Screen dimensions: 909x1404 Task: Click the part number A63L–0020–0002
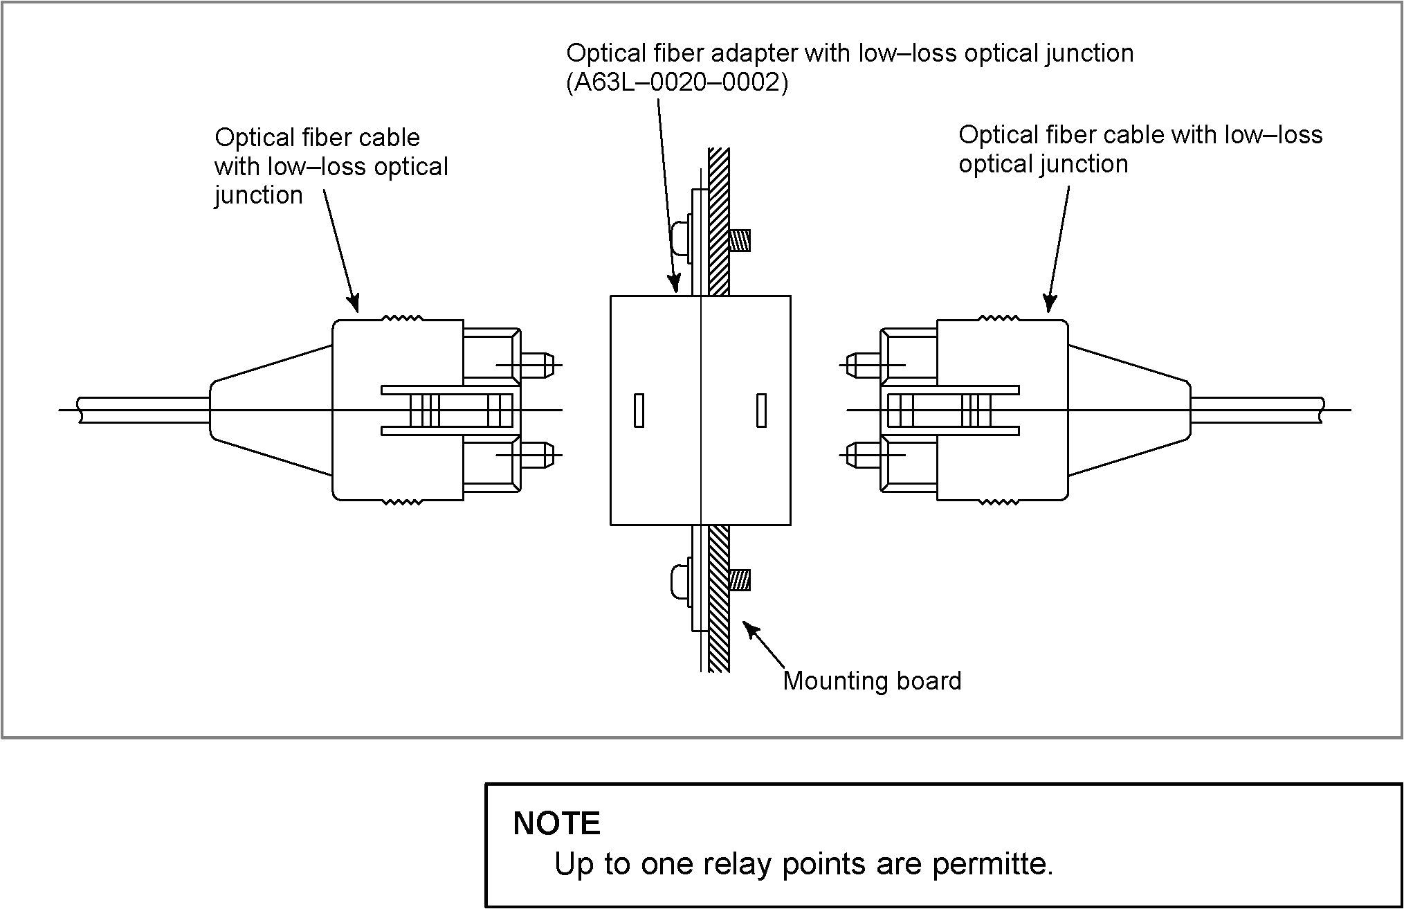point(677,83)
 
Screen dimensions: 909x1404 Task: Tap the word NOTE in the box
point(556,823)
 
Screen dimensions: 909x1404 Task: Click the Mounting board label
point(872,681)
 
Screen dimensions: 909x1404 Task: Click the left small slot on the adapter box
point(639,410)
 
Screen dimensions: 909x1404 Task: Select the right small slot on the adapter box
point(761,410)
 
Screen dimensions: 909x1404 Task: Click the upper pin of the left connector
point(540,365)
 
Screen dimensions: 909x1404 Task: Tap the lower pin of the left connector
point(540,455)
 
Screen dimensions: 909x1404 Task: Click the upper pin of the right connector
point(861,365)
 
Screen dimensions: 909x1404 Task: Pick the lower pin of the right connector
point(861,455)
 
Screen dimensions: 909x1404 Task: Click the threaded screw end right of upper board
point(740,240)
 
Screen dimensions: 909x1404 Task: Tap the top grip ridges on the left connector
point(403,318)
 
